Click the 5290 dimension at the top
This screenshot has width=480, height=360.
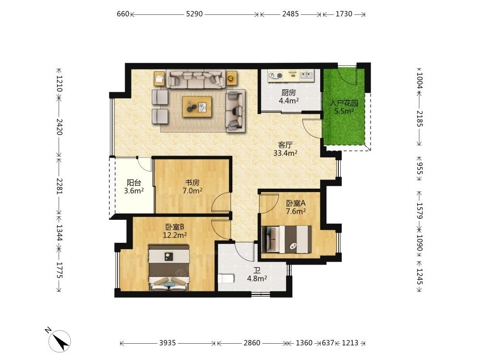click(194, 14)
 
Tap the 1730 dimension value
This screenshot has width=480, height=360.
click(344, 14)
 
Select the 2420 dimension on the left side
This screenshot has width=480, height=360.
click(60, 127)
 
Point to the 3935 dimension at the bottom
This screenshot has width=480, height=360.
click(168, 343)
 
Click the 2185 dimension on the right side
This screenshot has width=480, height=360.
click(420, 119)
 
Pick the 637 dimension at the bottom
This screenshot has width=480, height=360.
click(328, 343)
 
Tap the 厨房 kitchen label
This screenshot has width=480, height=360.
click(288, 93)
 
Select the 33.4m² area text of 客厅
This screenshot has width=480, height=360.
click(285, 153)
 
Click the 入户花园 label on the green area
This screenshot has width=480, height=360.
click(344, 103)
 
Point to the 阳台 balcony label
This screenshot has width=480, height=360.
click(134, 183)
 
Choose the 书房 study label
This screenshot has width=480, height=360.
click(192, 183)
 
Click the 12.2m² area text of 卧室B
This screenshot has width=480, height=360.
click(175, 235)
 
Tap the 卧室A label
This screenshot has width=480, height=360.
click(296, 203)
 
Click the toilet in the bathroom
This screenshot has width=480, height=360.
click(226, 278)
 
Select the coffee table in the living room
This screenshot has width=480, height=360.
click(197, 107)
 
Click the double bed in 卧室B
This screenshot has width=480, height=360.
click(168, 267)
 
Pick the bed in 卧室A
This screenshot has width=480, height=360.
click(287, 240)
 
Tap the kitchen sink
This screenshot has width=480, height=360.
click(306, 75)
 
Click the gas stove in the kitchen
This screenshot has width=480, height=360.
click(275, 75)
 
